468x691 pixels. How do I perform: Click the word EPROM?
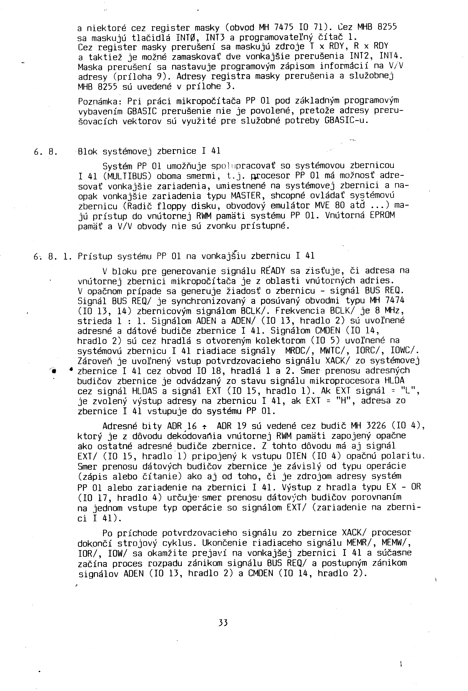pyautogui.click(x=382, y=215)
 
